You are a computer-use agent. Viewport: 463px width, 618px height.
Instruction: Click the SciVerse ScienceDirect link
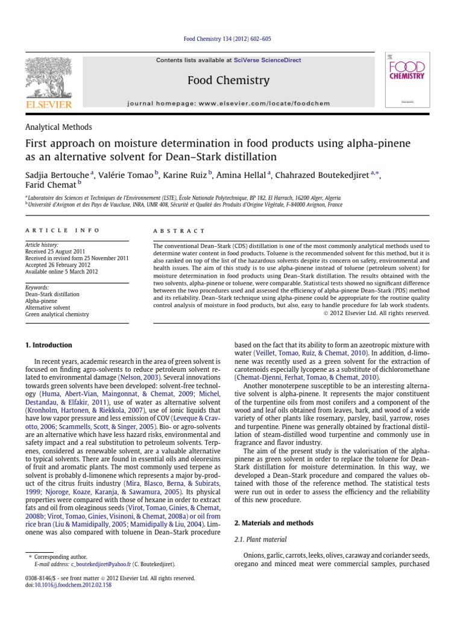[x=268, y=60]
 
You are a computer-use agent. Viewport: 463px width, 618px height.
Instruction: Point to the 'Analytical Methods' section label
[x=58, y=127]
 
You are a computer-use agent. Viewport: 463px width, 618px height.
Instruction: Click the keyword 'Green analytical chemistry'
[x=57, y=314]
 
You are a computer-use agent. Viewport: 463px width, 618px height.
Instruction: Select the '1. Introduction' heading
[x=48, y=345]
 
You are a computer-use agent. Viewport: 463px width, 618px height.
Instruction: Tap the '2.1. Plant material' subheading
[x=260, y=539]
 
